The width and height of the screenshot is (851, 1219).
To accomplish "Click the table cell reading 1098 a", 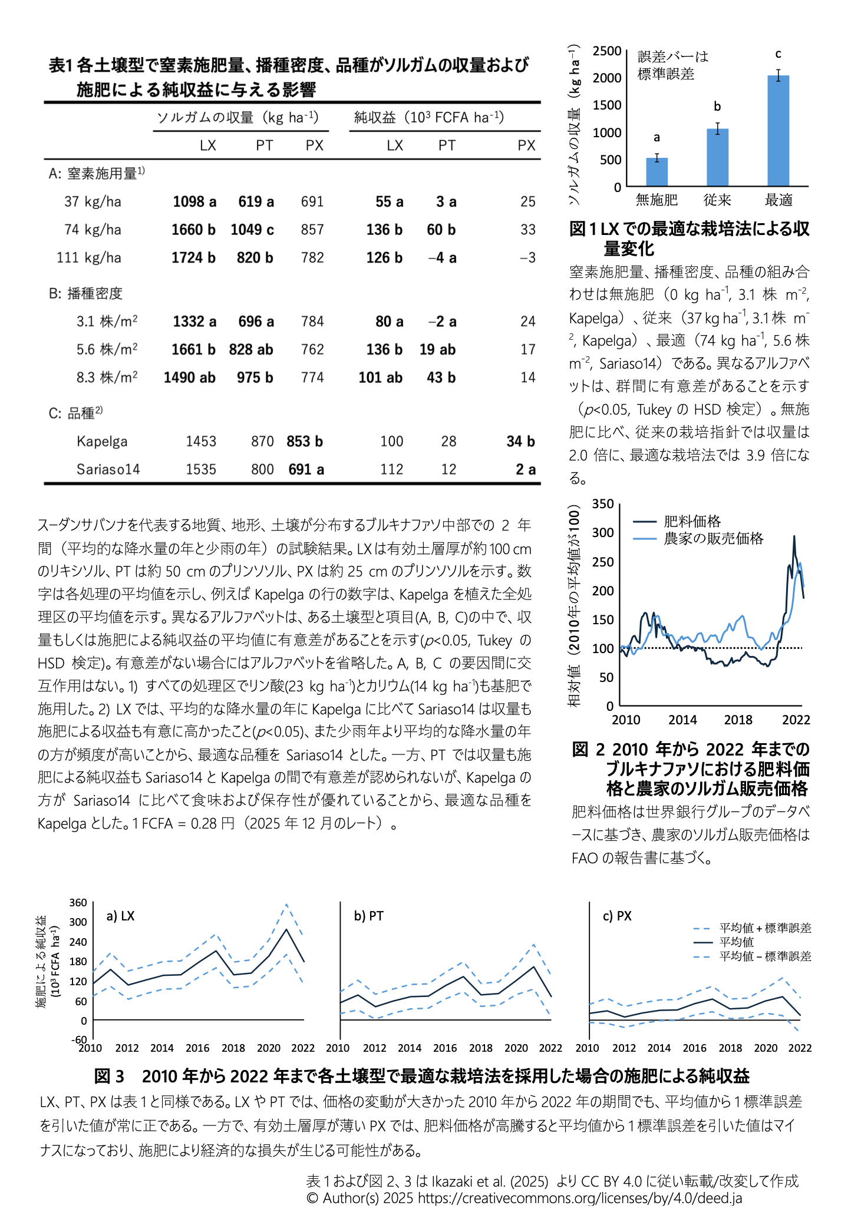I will pyautogui.click(x=194, y=202).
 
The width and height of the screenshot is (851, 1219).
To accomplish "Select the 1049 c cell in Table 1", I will pyautogui.click(x=252, y=230).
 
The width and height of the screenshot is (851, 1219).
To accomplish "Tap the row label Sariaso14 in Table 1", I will pyautogui.click(x=108, y=469).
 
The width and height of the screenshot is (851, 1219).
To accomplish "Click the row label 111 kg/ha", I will pyautogui.click(x=89, y=258).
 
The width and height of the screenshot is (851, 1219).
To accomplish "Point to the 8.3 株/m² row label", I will pyautogui.click(x=107, y=377).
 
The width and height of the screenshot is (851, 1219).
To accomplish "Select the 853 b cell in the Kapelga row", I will pyautogui.click(x=305, y=442).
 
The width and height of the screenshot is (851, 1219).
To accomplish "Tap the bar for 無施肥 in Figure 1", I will pyautogui.click(x=657, y=172).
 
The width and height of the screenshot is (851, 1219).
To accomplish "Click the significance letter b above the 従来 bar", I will pyautogui.click(x=717, y=107).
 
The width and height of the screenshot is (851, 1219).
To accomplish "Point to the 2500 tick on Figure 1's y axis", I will pyautogui.click(x=607, y=51).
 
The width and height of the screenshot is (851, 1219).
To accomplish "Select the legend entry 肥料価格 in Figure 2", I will pyautogui.click(x=692, y=521).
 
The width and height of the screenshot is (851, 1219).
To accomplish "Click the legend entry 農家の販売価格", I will pyautogui.click(x=713, y=538).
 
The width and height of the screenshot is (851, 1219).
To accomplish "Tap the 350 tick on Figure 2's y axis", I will pyautogui.click(x=603, y=504).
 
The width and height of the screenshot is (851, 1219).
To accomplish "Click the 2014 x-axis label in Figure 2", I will pyautogui.click(x=682, y=720).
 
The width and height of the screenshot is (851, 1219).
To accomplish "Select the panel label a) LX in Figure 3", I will pyautogui.click(x=120, y=916).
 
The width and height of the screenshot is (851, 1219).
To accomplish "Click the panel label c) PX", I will pyautogui.click(x=617, y=916).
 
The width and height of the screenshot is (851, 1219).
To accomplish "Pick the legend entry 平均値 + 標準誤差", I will pyautogui.click(x=765, y=928).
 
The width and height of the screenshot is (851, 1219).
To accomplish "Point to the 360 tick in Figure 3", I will pyautogui.click(x=78, y=903).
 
